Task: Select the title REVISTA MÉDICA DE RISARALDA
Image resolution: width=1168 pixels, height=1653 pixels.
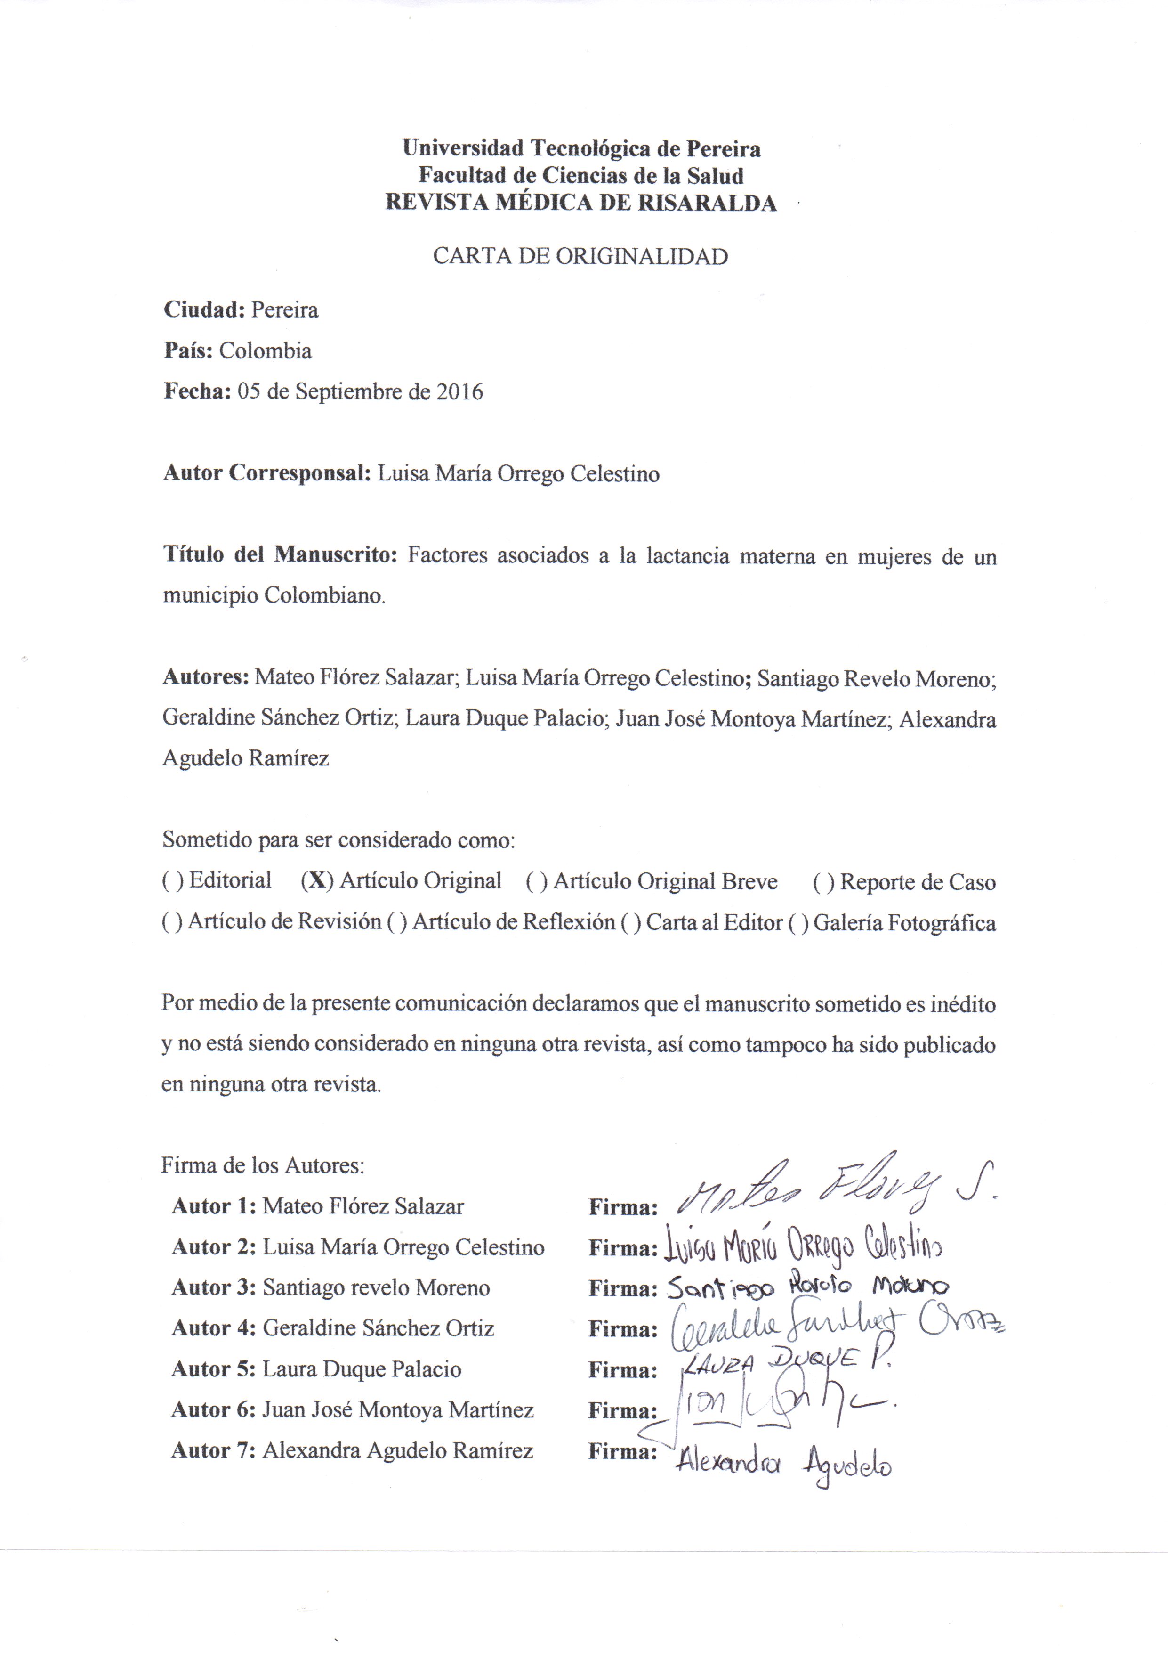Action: (581, 203)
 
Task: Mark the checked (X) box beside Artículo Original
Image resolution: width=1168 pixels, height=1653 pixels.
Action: (317, 880)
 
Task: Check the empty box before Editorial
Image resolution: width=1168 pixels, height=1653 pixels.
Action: (173, 880)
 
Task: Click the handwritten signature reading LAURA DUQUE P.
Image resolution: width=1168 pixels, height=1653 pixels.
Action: (784, 1361)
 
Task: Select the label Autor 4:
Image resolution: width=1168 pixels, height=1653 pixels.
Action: (214, 1328)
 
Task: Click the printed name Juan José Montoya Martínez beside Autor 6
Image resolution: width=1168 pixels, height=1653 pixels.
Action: (397, 1409)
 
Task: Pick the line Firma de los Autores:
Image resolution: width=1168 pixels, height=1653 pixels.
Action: (263, 1165)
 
